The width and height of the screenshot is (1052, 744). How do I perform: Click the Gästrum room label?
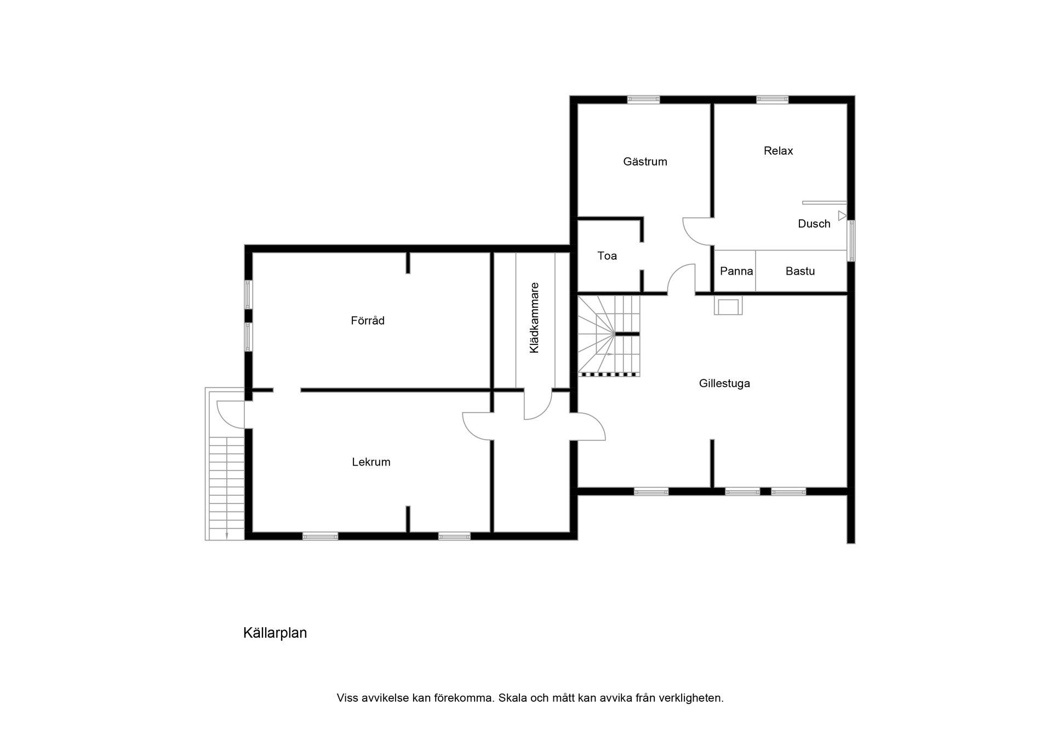[x=645, y=162]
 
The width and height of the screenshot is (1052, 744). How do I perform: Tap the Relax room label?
[x=778, y=151]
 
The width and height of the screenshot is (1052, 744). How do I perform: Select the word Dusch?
[x=814, y=224]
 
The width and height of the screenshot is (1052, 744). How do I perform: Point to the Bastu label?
[x=800, y=271]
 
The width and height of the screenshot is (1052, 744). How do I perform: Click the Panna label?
[x=736, y=271]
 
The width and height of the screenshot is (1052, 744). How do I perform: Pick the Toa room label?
[x=607, y=255]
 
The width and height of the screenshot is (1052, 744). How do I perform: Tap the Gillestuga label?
[x=724, y=383]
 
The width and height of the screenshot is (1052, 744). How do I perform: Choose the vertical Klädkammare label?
[x=534, y=318]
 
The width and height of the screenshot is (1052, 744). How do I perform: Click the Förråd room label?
[x=368, y=321]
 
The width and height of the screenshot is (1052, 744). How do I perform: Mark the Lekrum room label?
[x=371, y=462]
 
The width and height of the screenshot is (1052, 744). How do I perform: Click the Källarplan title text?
[x=275, y=633]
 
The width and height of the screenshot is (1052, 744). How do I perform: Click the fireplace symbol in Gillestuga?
[x=728, y=306]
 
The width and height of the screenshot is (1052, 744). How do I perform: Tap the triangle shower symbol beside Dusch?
[x=842, y=215]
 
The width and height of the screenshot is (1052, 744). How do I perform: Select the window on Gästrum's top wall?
[x=643, y=99]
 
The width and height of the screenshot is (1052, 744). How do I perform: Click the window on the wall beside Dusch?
[x=851, y=241]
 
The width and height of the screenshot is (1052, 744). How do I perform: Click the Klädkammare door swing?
[x=538, y=405]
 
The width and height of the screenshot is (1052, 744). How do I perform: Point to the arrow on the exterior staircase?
[x=227, y=534]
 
